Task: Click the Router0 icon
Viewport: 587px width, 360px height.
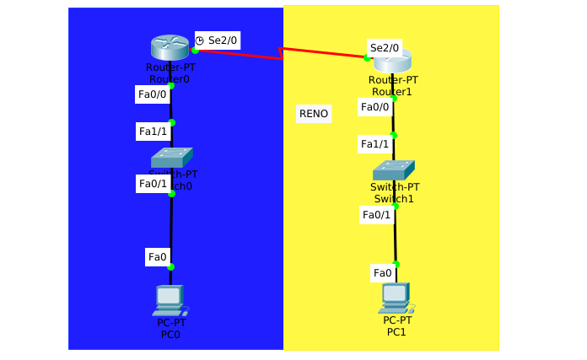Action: (x=170, y=47)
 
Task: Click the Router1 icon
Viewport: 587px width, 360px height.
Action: (x=392, y=61)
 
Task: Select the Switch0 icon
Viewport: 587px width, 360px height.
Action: (x=171, y=157)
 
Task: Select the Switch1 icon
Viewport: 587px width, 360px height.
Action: (x=394, y=169)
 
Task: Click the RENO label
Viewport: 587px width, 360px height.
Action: (x=314, y=114)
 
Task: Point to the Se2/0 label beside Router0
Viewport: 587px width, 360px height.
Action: (x=223, y=40)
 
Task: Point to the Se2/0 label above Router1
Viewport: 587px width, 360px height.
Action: (x=385, y=47)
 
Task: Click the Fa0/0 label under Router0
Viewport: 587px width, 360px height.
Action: (x=153, y=94)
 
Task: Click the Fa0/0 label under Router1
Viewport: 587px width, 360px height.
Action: (x=375, y=106)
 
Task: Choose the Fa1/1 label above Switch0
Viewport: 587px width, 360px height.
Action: (x=153, y=131)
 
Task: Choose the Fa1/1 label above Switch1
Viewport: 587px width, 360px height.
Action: (x=375, y=144)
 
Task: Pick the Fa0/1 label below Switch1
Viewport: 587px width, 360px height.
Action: (x=376, y=215)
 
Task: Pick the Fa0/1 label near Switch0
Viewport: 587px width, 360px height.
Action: (x=153, y=184)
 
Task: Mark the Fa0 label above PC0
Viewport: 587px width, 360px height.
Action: (x=158, y=256)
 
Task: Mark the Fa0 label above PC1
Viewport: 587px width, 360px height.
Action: (x=383, y=272)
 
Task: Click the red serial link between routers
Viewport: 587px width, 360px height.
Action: (x=253, y=54)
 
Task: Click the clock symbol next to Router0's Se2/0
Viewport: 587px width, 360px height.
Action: (x=200, y=40)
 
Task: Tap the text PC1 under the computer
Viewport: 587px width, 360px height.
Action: (x=396, y=332)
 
